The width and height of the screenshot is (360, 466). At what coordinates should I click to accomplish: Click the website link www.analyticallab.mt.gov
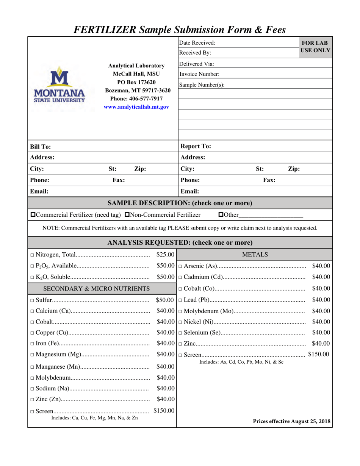click(x=136, y=107)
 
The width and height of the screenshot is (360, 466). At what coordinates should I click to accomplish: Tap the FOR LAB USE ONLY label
click(x=315, y=47)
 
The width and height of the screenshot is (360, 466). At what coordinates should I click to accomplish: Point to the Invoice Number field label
click(x=199, y=74)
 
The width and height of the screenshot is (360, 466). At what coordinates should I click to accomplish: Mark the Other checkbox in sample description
click(x=221, y=215)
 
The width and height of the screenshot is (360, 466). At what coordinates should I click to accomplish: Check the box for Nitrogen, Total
click(x=32, y=255)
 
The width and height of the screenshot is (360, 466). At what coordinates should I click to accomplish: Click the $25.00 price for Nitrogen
click(x=166, y=255)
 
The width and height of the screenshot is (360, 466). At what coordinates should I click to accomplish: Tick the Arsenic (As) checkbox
click(x=180, y=266)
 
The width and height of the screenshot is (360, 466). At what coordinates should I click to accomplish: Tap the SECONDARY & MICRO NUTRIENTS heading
click(x=97, y=289)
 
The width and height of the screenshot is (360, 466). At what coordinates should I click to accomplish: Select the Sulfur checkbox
click(x=32, y=300)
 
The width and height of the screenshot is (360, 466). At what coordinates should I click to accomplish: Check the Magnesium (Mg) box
click(x=32, y=355)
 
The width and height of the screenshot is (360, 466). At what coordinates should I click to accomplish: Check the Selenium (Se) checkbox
click(x=180, y=333)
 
